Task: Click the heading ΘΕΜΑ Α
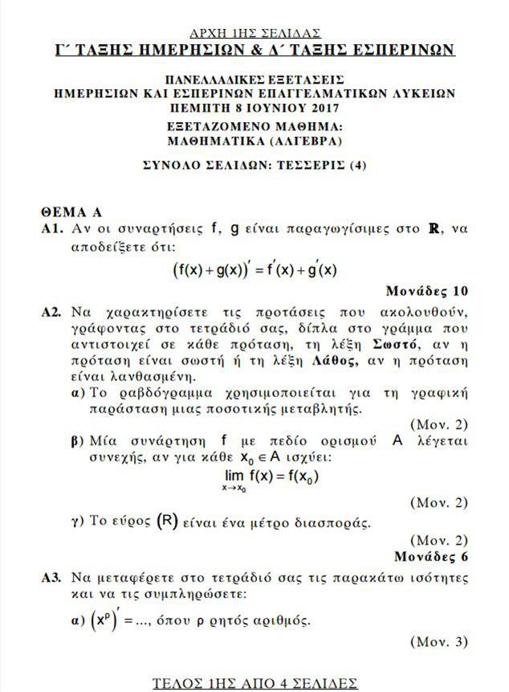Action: point(71,212)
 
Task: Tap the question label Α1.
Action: point(52,229)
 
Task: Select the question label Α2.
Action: point(52,311)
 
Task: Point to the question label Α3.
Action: point(52,578)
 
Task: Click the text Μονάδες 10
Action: point(426,290)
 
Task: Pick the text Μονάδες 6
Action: point(431,555)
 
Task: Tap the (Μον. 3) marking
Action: point(438,641)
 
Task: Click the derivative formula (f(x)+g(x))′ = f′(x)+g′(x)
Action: point(254,270)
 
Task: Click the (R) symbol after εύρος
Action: point(167,521)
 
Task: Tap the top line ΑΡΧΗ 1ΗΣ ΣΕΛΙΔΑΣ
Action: point(254,33)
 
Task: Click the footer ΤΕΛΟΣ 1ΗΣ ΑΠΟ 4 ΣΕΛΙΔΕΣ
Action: point(254,682)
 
